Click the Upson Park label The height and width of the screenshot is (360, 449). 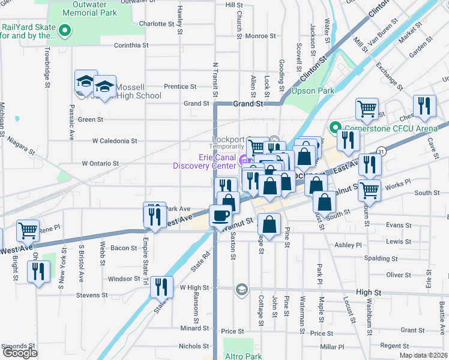(x=312, y=91)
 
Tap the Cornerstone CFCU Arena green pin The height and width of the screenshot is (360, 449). (x=334, y=127)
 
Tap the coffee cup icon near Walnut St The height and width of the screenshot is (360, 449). (x=220, y=215)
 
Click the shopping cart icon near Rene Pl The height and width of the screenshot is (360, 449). (x=28, y=230)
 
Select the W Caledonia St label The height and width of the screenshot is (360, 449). (x=115, y=141)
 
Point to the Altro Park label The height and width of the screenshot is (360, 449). (x=243, y=356)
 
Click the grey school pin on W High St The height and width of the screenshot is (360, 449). (x=241, y=290)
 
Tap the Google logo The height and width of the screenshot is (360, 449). (x=20, y=353)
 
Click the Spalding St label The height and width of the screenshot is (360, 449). (x=382, y=258)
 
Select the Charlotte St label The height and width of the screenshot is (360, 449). (x=155, y=24)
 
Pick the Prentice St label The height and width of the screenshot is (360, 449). (x=176, y=86)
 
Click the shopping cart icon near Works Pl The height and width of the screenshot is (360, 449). (x=369, y=191)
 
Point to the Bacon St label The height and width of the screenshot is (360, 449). (x=124, y=248)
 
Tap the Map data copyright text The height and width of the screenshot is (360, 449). (x=424, y=355)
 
